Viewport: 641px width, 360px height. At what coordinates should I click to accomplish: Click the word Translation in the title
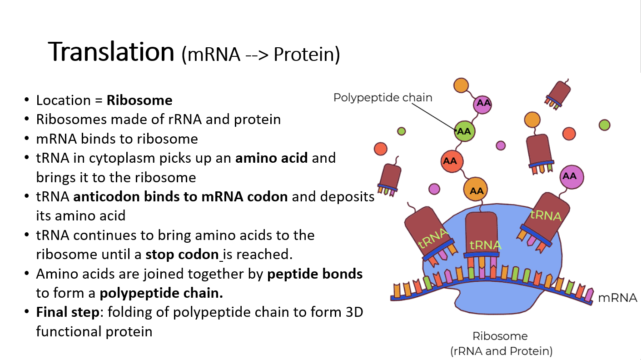pos(111,51)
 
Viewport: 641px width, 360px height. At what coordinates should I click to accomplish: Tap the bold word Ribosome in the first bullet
pos(139,100)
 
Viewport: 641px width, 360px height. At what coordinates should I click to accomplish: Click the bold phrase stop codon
pos(182,254)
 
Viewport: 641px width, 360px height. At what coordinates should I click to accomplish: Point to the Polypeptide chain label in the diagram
pos(383,97)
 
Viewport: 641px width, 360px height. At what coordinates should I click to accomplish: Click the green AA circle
pos(464,131)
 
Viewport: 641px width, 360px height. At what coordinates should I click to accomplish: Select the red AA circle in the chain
pos(450,161)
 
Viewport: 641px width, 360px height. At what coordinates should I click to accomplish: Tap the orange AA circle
pos(476,191)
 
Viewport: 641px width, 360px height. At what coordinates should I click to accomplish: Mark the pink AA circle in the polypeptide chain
pos(483,103)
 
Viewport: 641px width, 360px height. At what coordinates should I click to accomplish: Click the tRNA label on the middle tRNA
pos(485,245)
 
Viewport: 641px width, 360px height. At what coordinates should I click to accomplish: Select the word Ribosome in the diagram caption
pos(500,336)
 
